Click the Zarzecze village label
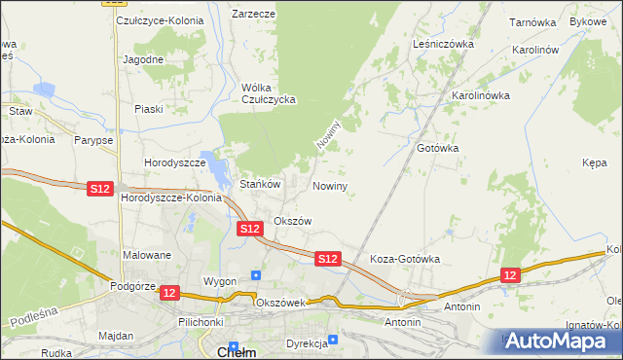(253, 15)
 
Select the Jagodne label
(143, 59)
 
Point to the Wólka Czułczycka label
(268, 93)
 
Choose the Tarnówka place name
(531, 20)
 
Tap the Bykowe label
(588, 20)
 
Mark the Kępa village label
(595, 164)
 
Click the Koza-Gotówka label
(406, 260)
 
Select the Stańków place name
(260, 183)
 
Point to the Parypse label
(92, 140)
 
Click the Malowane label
(147, 255)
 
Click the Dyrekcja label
(305, 343)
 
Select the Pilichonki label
(202, 321)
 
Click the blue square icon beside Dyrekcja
(333, 340)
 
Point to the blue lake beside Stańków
(211, 161)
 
